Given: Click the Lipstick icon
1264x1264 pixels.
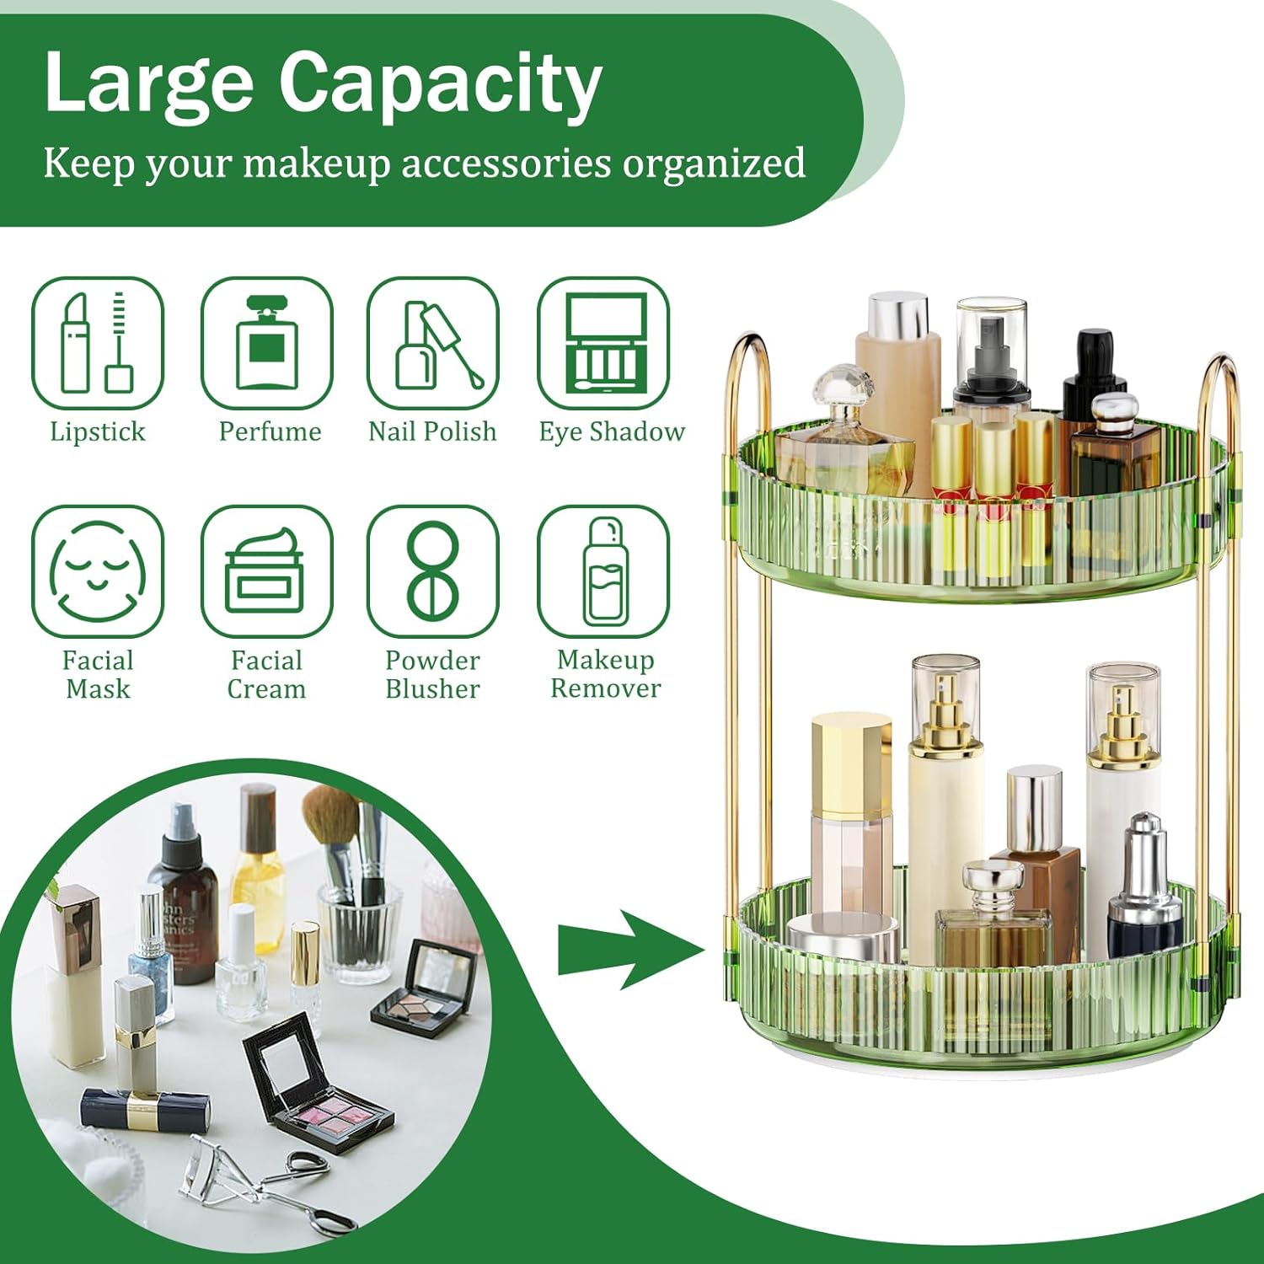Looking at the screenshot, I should point(97,344).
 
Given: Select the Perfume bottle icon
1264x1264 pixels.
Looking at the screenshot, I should point(266,344).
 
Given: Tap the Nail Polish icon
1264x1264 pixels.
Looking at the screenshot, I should point(432,344).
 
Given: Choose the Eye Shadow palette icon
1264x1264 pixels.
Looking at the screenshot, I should point(603,344).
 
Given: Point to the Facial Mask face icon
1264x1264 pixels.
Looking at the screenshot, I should point(97,571).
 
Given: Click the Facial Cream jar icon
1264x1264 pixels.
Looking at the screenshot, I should point(266,571).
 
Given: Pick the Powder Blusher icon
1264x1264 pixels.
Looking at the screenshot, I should point(432,571).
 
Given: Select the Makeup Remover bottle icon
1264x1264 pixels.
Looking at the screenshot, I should point(603,571).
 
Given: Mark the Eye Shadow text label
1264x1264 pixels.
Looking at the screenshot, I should point(612,431).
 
